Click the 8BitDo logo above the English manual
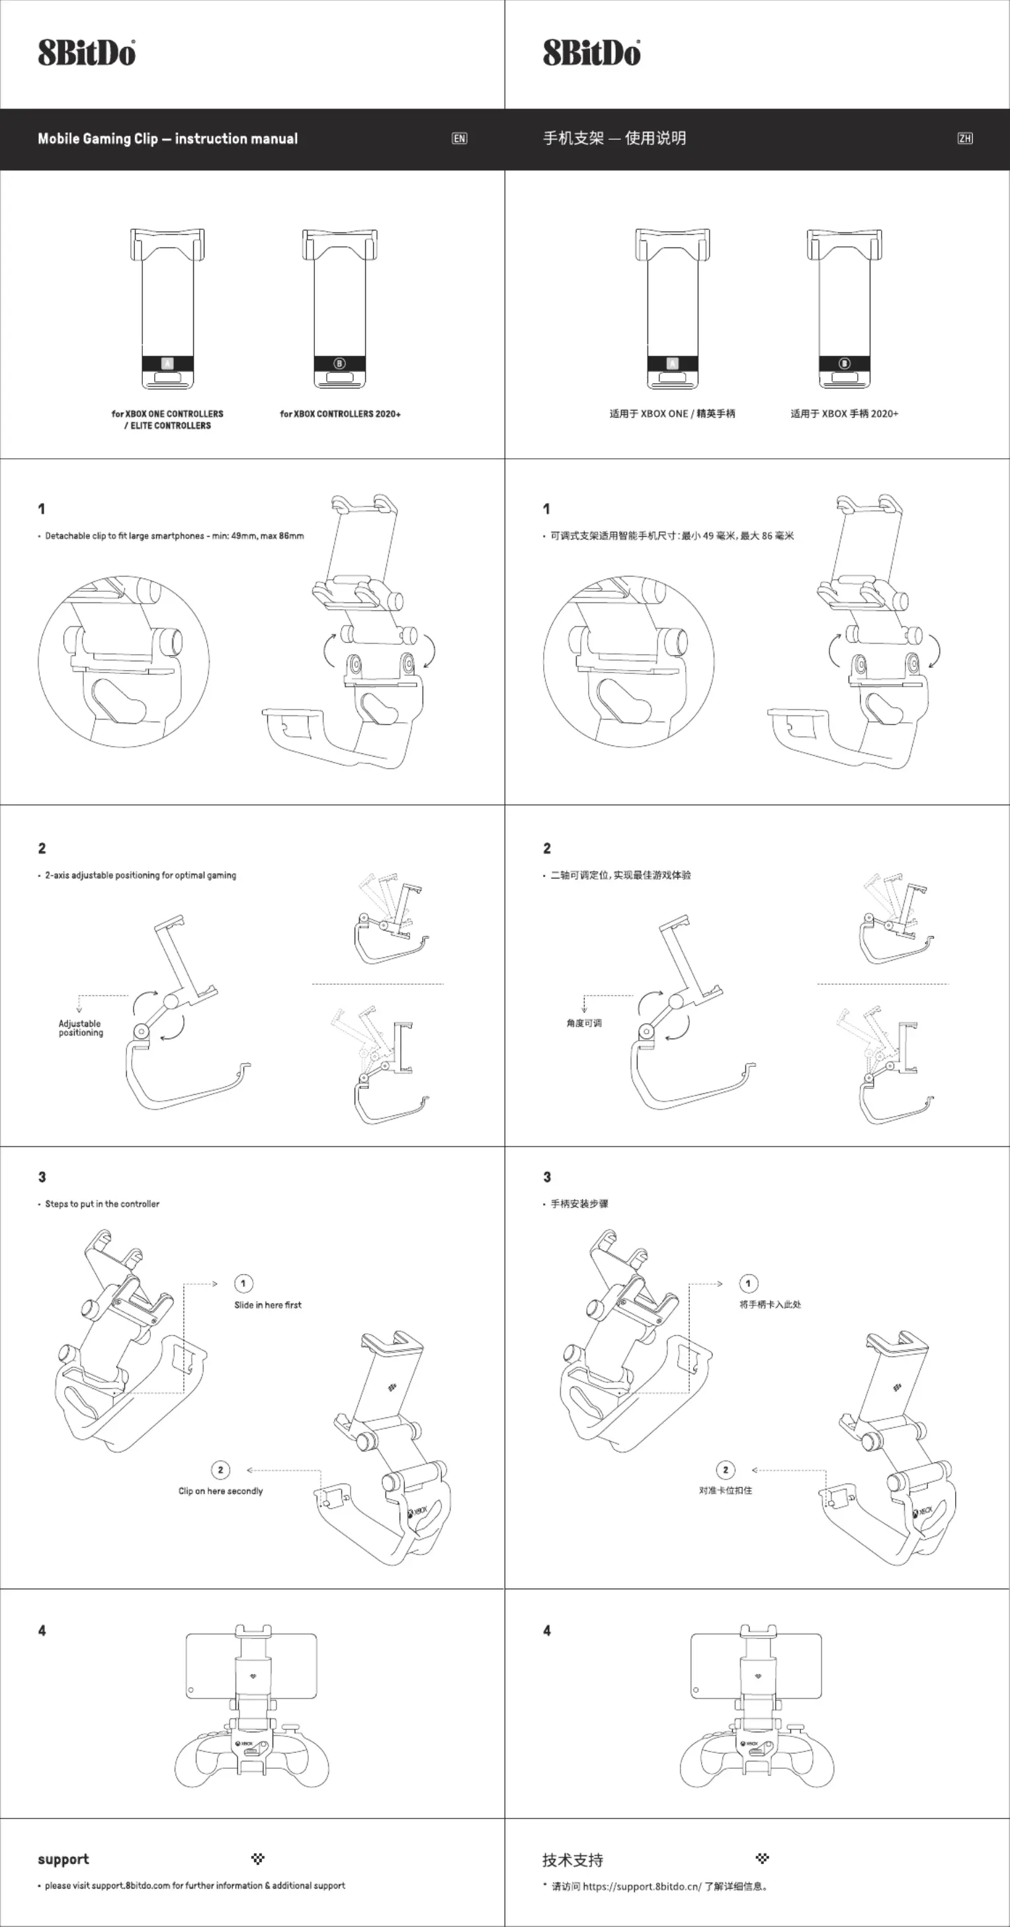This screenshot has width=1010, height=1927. [x=87, y=53]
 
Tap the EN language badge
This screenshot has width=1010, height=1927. [x=460, y=138]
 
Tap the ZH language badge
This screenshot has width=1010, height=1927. [x=965, y=138]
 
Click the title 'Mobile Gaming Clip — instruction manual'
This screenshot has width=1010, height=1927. [x=167, y=138]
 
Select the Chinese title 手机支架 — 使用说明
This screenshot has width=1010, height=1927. [x=614, y=138]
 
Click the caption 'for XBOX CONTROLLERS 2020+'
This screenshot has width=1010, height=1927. [x=340, y=414]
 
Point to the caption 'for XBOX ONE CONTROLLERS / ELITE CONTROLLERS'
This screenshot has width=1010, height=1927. [x=167, y=420]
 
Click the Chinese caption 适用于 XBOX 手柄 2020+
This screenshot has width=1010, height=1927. [x=845, y=414]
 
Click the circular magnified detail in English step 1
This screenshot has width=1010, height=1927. [x=123, y=661]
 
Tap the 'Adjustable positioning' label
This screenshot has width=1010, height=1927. [x=81, y=1028]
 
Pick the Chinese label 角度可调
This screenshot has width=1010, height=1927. [x=584, y=1023]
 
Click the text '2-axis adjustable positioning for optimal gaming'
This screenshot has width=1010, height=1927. [x=140, y=875]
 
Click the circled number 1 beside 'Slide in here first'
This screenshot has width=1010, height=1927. [x=243, y=1283]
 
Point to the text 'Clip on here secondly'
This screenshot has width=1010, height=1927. [x=220, y=1491]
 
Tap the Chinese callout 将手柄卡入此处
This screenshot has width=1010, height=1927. [x=770, y=1305]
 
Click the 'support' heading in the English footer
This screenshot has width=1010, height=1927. [x=63, y=1859]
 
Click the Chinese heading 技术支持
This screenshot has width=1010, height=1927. [x=573, y=1859]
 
